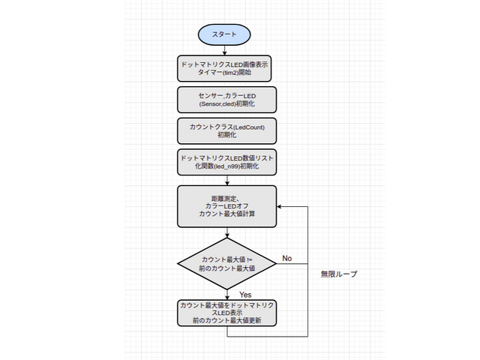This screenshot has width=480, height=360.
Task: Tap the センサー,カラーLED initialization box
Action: tap(226, 100)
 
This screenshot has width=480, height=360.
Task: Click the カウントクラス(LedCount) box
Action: tap(226, 130)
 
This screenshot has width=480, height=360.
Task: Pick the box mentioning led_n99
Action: tap(226, 161)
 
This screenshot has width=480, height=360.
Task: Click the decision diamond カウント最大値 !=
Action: tap(226, 263)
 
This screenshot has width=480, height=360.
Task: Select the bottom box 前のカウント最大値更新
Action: tap(226, 313)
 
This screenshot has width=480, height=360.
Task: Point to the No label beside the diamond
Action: tap(287, 258)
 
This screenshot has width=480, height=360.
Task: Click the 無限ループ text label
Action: tap(338, 274)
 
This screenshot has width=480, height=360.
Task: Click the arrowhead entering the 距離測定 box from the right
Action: tap(280, 206)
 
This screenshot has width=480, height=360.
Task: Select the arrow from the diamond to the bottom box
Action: tap(226, 294)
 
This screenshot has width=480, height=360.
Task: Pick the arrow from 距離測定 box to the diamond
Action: tap(226, 233)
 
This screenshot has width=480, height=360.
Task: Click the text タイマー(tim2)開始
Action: tap(226, 74)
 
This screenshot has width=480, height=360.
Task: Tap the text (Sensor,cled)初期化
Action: tap(226, 105)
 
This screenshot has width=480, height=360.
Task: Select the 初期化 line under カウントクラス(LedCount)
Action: tap(226, 136)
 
